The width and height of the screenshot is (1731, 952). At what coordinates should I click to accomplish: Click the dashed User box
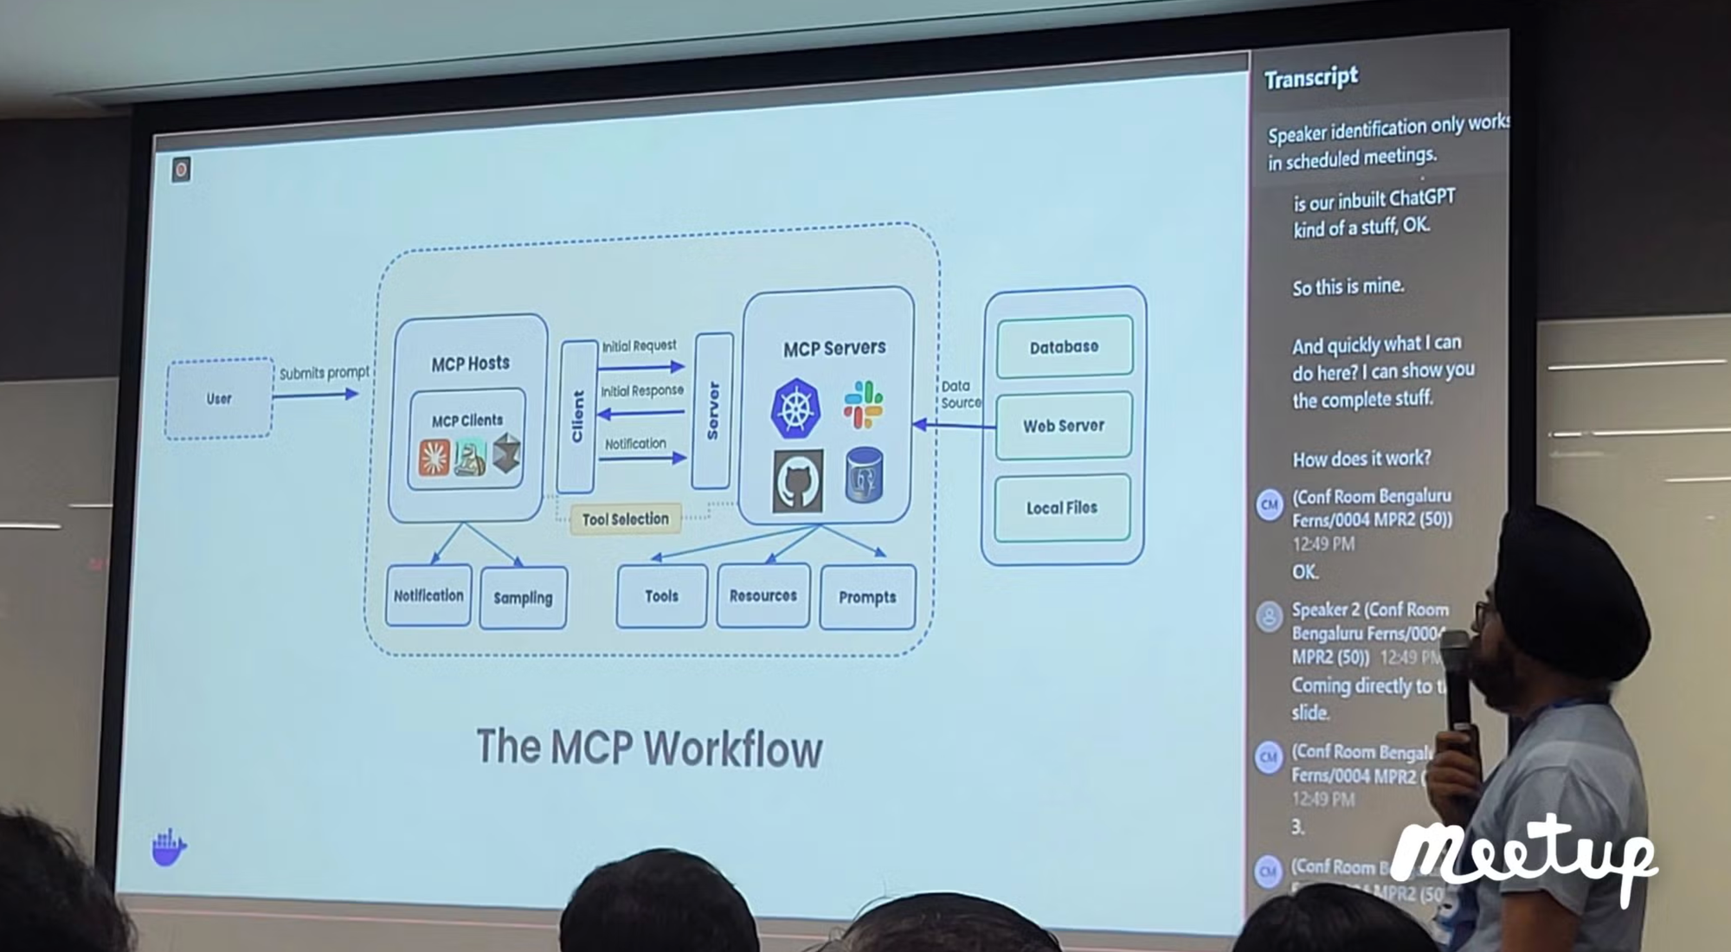(x=219, y=398)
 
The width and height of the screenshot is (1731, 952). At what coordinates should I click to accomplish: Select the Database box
(x=1064, y=347)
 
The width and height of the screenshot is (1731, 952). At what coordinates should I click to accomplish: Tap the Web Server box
(x=1064, y=426)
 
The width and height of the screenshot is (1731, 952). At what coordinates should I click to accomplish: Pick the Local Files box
(x=1062, y=508)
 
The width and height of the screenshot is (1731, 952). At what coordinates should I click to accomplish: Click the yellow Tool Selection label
(x=625, y=519)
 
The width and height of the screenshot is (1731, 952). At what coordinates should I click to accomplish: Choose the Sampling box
(x=523, y=597)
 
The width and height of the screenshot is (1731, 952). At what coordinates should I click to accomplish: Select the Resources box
(x=763, y=595)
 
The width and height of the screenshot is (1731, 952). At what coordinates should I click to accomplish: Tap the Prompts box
(x=867, y=597)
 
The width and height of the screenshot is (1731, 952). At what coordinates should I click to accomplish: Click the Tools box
(x=661, y=595)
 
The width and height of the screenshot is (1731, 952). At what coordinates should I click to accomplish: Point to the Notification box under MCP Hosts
(x=428, y=595)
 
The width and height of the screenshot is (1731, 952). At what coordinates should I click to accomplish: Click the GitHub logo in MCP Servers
(x=797, y=481)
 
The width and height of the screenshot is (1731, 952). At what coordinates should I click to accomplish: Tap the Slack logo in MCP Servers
(x=863, y=404)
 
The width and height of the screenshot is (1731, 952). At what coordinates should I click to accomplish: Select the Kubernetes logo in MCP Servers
(x=795, y=408)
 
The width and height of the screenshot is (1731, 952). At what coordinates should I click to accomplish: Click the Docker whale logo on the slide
(x=169, y=847)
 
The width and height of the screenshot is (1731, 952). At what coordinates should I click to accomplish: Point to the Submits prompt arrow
(x=315, y=395)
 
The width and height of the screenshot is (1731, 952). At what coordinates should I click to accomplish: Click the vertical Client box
(x=577, y=416)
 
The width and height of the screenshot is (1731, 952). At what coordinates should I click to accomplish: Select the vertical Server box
(x=712, y=410)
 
